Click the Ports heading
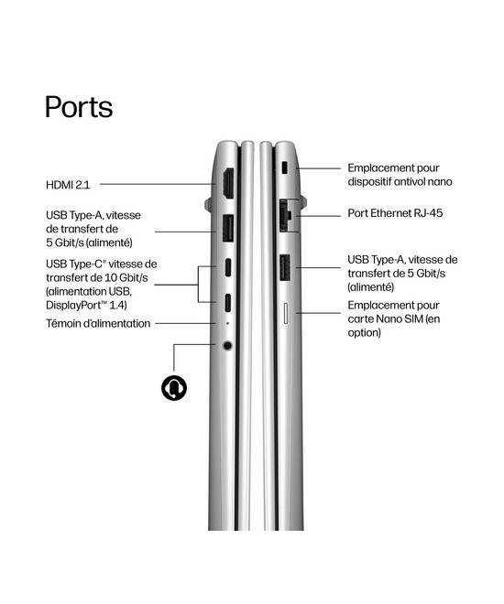coord(79,107)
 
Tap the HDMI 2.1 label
coord(68,185)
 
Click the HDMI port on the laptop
coord(228,184)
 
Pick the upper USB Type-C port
coord(228,267)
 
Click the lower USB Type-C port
coord(228,303)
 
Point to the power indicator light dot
coord(227,323)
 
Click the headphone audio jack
coord(228,345)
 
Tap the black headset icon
coord(174,387)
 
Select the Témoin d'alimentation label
coord(98,324)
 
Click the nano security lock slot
coord(285,168)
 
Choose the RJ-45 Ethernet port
coord(285,215)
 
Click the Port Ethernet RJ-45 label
coord(395,213)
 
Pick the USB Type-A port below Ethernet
coord(285,268)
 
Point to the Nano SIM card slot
coord(286,313)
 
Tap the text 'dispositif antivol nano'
coord(400,181)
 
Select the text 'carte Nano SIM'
coord(385,319)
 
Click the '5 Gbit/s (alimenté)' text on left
coord(89,243)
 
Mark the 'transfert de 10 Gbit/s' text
coord(97,277)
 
